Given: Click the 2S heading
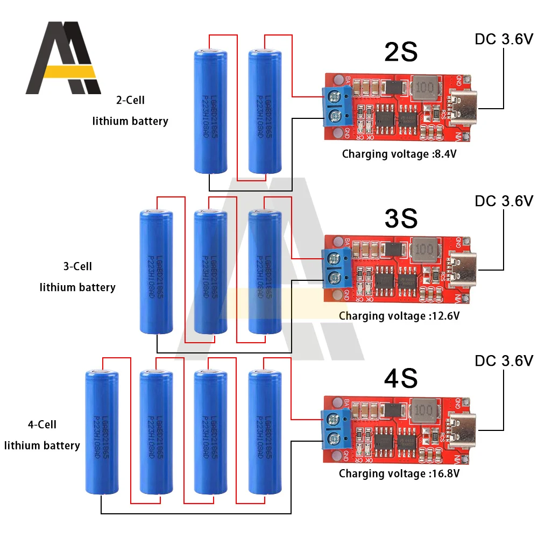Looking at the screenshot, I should (401, 53).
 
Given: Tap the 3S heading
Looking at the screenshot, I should (401, 218).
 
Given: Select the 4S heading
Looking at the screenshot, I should (401, 378).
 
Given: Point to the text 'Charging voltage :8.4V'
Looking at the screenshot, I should (399, 154).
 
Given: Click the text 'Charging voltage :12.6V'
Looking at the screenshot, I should (399, 316).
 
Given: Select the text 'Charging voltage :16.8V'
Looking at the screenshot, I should (399, 474).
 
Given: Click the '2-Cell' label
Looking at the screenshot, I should (130, 100).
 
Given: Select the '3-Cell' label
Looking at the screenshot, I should (77, 266).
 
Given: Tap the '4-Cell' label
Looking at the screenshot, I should (42, 424).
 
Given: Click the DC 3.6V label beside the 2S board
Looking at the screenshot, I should (504, 39).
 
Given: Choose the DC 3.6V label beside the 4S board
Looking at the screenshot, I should (504, 360).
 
